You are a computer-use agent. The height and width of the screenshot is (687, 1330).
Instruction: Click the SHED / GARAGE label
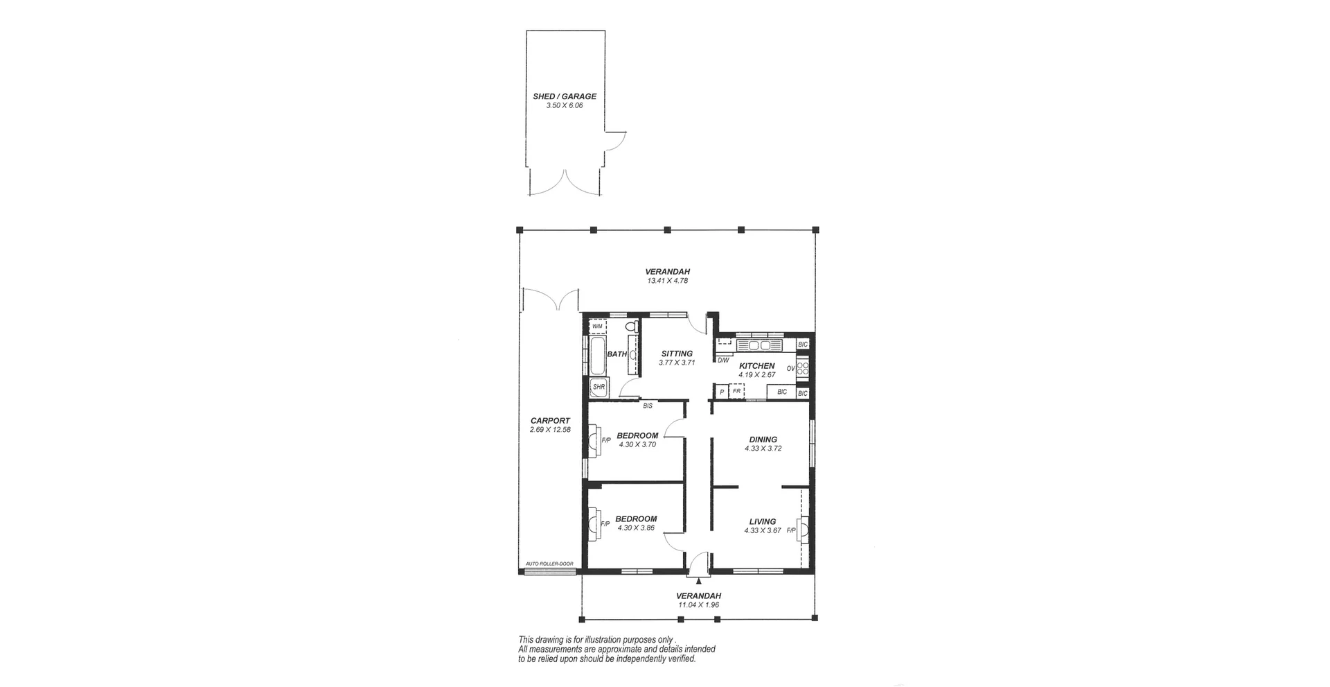[x=564, y=96]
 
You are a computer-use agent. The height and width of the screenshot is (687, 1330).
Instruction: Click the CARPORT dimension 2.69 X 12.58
[x=550, y=430]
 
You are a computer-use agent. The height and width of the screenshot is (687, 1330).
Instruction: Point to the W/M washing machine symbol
[x=597, y=326]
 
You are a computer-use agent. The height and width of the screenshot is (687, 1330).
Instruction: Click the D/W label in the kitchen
[x=722, y=360]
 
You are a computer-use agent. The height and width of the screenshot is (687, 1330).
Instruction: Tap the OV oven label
[x=790, y=368]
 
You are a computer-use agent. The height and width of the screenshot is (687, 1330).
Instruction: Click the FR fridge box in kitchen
[x=737, y=392]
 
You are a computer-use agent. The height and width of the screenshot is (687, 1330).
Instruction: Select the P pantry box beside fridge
[x=721, y=392]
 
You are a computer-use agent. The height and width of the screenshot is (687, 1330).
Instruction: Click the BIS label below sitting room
[x=648, y=406]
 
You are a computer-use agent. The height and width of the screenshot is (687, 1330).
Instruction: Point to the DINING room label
[x=763, y=440]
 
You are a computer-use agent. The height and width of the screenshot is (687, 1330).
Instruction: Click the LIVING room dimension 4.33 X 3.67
[x=763, y=531]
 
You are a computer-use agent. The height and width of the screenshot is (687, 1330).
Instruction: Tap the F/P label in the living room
[x=790, y=530]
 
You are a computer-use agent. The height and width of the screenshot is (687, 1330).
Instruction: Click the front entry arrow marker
[x=699, y=581]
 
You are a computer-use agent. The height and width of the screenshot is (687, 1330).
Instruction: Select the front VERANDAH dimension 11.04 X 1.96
[x=699, y=605]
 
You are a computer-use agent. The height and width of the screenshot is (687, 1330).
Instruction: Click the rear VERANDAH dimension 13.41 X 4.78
[x=667, y=281]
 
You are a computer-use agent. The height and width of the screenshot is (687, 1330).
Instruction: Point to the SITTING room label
[x=677, y=354]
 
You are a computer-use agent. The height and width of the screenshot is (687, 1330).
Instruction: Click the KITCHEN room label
[x=756, y=366]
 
